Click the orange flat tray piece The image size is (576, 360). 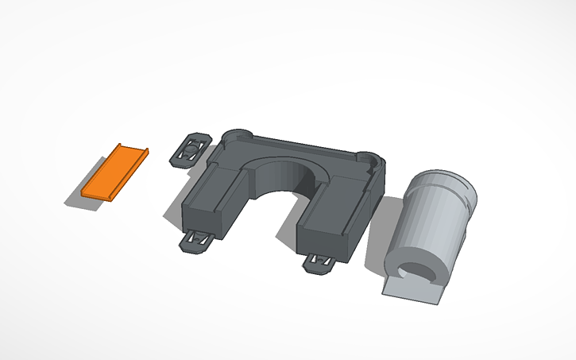pyautogui.click(x=113, y=172)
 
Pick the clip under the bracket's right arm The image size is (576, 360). pyautogui.click(x=320, y=263)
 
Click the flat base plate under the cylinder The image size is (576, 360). pyautogui.click(x=413, y=291)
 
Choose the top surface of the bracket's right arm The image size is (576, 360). pyautogui.click(x=334, y=208)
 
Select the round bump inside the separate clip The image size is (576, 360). pyautogui.click(x=191, y=148)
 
